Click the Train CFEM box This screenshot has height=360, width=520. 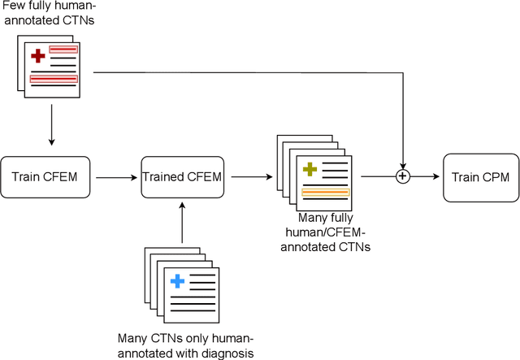[50, 176]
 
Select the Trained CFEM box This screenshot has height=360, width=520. [182, 176]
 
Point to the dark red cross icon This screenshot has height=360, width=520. [37, 56]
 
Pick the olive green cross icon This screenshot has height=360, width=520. [310, 169]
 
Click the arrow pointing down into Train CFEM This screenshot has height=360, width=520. [51, 129]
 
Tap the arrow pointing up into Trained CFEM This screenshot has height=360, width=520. [182, 219]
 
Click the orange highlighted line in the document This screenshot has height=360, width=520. [325, 193]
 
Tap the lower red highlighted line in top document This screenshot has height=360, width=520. [54, 79]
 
